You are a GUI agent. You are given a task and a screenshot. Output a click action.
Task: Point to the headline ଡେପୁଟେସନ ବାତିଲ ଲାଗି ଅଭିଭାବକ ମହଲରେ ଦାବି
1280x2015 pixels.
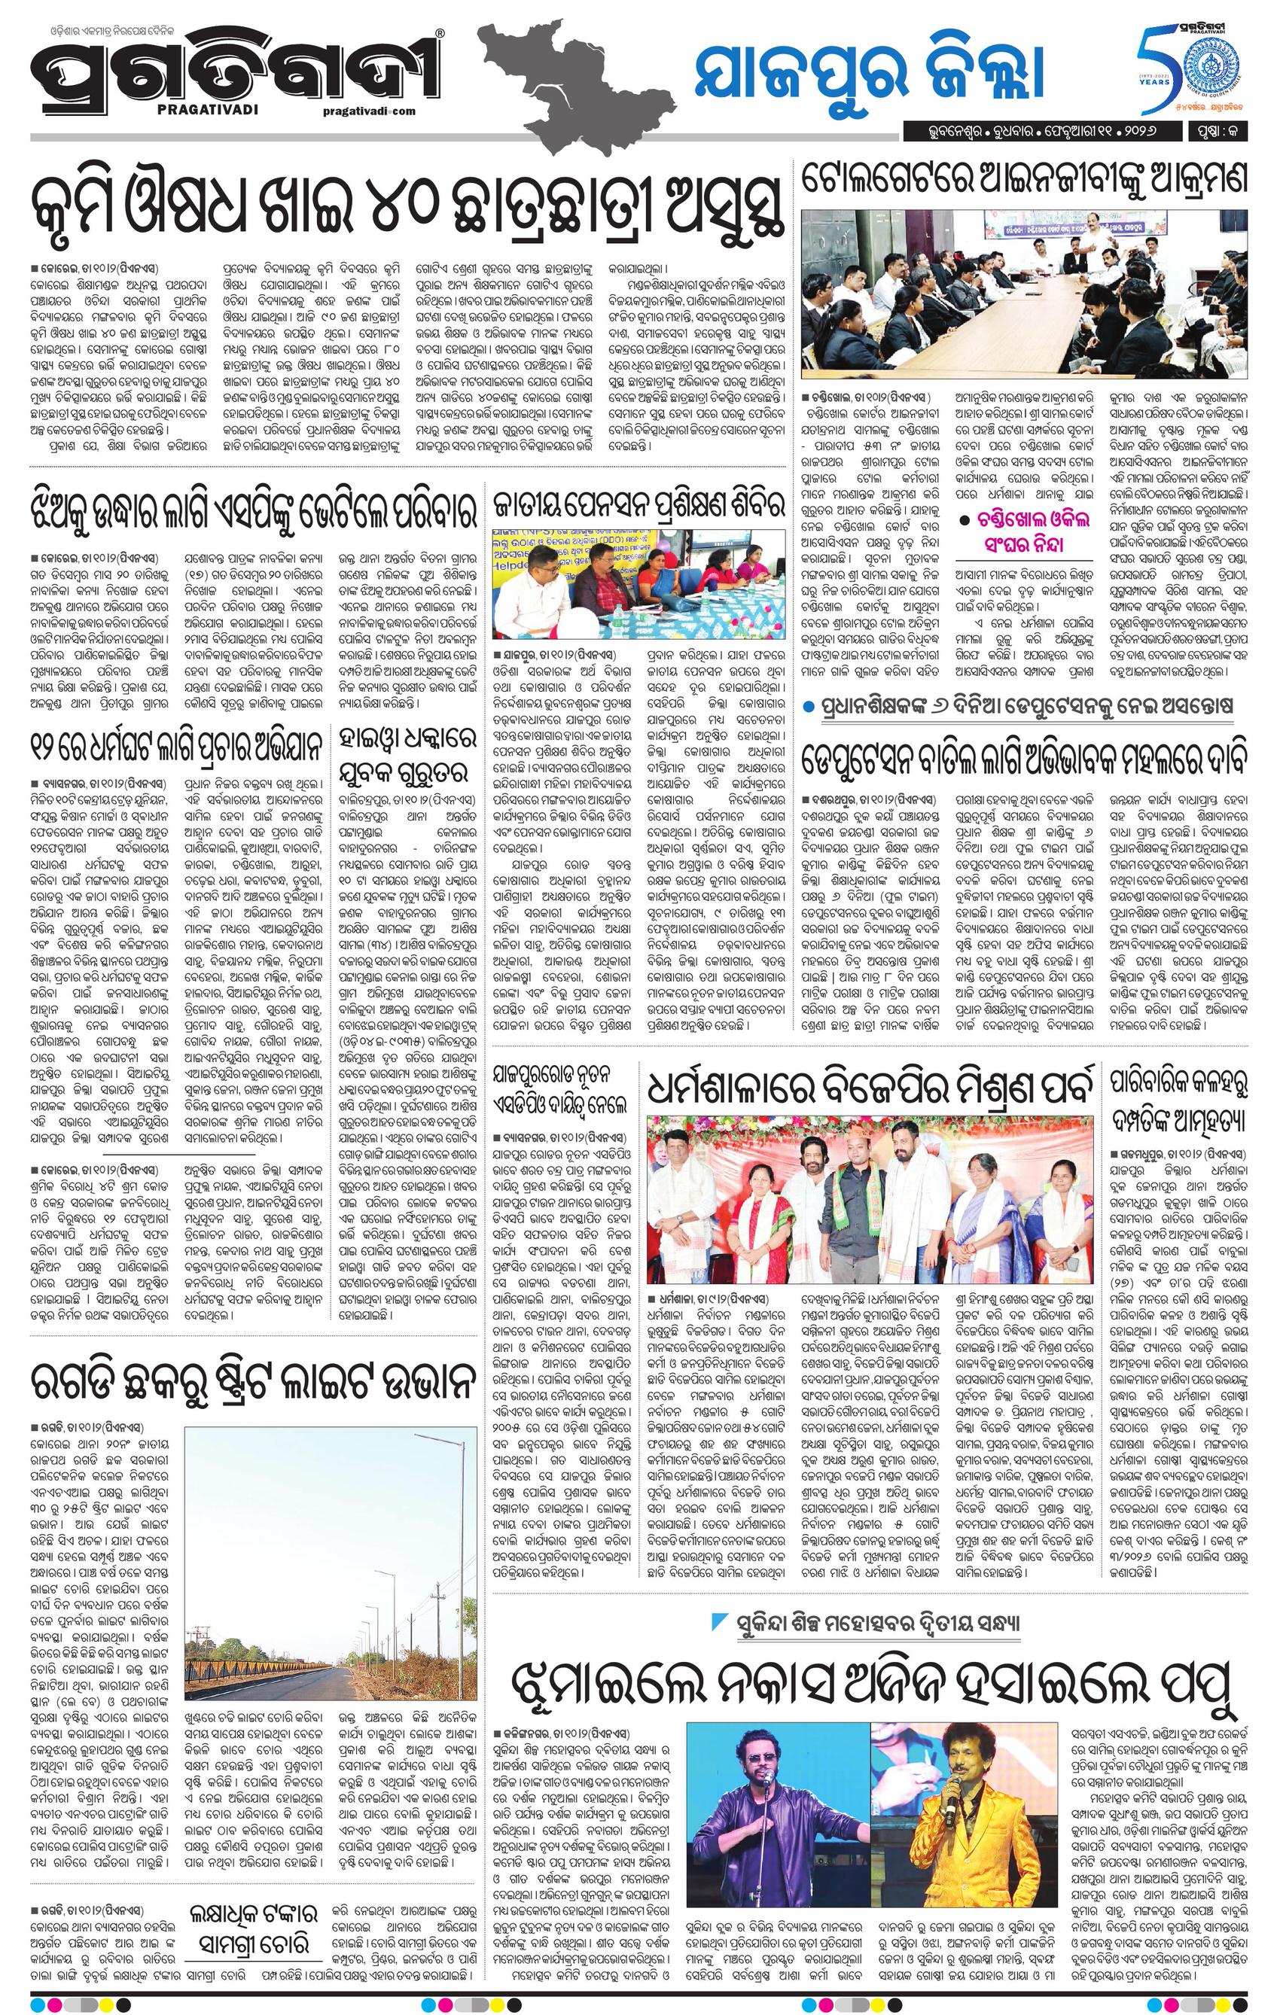pos(1026,759)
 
